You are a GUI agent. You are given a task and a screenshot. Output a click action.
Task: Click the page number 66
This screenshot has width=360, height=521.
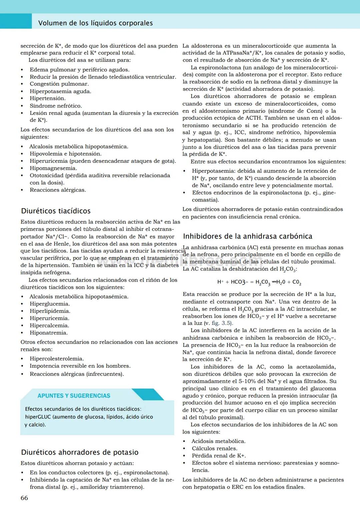coord(24,498)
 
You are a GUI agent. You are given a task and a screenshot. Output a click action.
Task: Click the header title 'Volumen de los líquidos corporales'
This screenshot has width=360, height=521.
coord(95,23)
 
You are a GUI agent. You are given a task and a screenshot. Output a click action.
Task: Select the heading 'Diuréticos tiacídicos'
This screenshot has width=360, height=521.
coord(56,211)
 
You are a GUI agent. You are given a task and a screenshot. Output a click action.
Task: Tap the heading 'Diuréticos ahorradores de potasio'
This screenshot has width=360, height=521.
coord(80,452)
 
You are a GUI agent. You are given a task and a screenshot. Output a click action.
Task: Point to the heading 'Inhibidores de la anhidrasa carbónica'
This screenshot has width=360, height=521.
coord(247,236)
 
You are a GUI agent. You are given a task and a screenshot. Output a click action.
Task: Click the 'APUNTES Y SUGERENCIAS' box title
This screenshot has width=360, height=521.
coord(74,396)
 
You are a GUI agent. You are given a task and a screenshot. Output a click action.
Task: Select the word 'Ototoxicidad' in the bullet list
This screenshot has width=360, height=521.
coord(46,175)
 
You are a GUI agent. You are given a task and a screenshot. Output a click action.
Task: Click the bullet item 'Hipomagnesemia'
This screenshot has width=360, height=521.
coord(53,168)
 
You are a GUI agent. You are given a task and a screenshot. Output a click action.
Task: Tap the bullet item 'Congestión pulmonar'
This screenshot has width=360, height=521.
coord(59,84)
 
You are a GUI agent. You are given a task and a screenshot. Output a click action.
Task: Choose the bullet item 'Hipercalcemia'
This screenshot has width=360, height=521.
coord(49,326)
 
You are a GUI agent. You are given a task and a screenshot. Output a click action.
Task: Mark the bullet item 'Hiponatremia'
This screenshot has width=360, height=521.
coord(49,333)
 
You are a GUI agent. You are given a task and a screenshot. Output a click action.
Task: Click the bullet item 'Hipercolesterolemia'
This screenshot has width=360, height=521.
coord(57,359)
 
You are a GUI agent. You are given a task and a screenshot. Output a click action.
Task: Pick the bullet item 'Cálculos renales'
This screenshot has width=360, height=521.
coord(214,449)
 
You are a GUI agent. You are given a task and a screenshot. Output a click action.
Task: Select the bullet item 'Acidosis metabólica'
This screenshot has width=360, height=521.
coord(218,441)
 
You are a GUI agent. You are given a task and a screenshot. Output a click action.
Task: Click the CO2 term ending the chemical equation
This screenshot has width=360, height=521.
coord(297,282)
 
